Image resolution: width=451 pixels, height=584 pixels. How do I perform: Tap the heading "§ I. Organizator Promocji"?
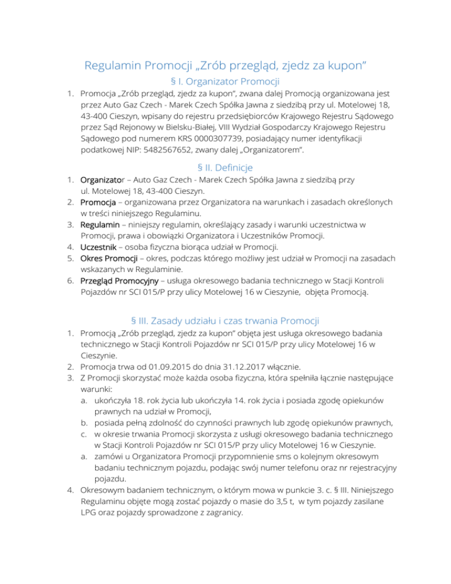pos(225,80)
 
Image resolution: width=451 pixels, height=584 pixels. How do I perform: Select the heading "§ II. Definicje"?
pos(225,169)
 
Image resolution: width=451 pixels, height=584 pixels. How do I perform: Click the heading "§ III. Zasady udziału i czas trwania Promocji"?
pos(225,321)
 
